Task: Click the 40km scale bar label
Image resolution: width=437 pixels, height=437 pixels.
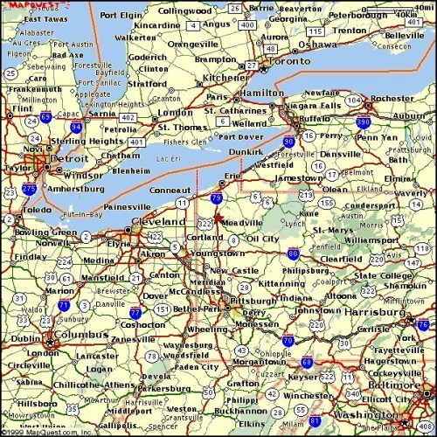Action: point(405,15)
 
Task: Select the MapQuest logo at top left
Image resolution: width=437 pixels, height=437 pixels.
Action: point(22,5)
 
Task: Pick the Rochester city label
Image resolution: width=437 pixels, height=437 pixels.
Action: point(392,99)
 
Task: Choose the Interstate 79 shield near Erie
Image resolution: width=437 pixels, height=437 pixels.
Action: point(216,200)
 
